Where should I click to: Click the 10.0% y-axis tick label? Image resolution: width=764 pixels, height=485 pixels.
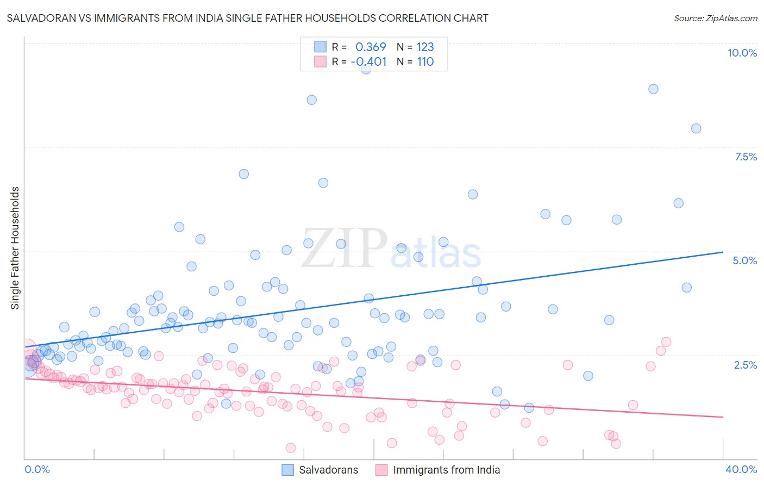pyautogui.click(x=742, y=53)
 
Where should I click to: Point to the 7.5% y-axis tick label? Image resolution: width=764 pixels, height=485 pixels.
pyautogui.click(x=746, y=157)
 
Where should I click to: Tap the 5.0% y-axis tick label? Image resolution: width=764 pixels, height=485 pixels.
pyautogui.click(x=744, y=260)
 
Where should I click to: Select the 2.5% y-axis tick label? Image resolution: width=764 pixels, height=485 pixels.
pyautogui.click(x=745, y=365)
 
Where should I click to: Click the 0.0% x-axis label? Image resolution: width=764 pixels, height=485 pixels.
pyautogui.click(x=37, y=469)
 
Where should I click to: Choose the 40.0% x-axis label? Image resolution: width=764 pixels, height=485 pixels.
pyautogui.click(x=741, y=469)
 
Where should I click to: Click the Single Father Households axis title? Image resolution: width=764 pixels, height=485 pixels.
pyautogui.click(x=15, y=248)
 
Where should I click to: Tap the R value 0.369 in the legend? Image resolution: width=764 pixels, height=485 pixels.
pyautogui.click(x=371, y=47)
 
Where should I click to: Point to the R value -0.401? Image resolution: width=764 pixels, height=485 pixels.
pyautogui.click(x=368, y=62)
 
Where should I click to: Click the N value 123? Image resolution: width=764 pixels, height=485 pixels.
pyautogui.click(x=425, y=47)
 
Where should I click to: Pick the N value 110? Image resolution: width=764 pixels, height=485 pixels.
pyautogui.click(x=425, y=62)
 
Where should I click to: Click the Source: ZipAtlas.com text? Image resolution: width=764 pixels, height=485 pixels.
pyautogui.click(x=715, y=18)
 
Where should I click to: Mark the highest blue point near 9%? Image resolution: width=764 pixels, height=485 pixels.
pyautogui.click(x=366, y=69)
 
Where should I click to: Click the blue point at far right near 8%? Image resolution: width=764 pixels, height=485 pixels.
pyautogui.click(x=696, y=129)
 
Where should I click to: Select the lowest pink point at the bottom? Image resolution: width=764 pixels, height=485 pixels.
pyautogui.click(x=291, y=447)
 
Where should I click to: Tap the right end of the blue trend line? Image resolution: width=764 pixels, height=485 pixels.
pyautogui.click(x=723, y=252)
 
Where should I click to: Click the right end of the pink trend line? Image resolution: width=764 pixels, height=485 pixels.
pyautogui.click(x=723, y=417)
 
